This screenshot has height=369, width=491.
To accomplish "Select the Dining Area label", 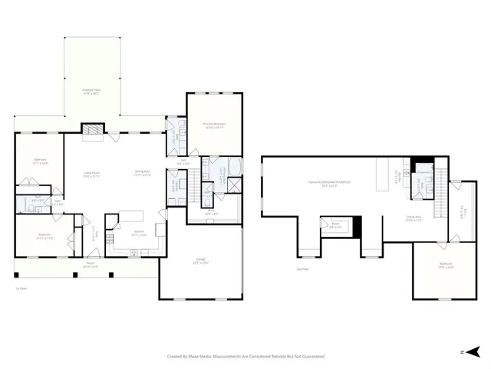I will (143, 174).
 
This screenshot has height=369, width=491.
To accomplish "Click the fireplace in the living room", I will (93, 131).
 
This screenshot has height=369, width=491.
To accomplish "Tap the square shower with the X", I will (234, 184).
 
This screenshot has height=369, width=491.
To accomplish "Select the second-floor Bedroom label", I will (447, 268).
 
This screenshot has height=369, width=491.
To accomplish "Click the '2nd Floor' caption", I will (303, 269).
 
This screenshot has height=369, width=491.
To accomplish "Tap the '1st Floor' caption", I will (21, 288).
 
